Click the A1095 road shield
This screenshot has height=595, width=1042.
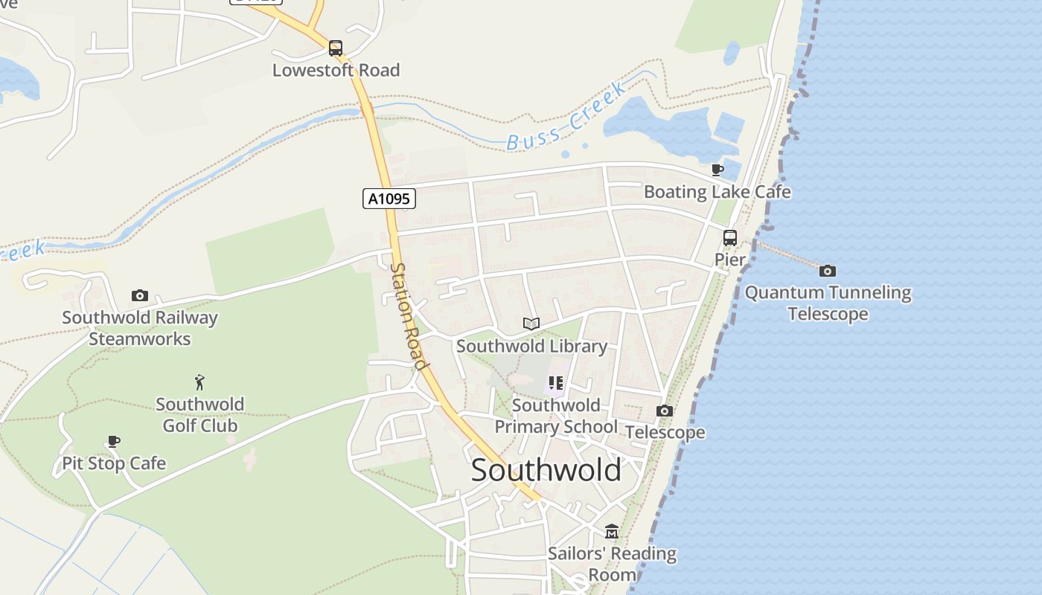[389, 199]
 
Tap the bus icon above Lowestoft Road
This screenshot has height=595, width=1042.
[336, 49]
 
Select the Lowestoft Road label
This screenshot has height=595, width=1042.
[336, 70]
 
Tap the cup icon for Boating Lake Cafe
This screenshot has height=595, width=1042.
[717, 170]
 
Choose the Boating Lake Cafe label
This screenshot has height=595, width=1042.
[717, 192]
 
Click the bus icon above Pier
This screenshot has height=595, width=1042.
[730, 238]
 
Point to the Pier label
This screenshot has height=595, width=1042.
[730, 260]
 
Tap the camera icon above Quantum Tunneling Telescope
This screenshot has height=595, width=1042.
[827, 271]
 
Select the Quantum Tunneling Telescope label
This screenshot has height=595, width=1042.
[828, 303]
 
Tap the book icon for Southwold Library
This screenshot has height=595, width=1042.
[531, 324]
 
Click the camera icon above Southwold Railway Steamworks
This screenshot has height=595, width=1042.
[139, 296]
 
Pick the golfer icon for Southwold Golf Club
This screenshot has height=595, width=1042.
[199, 382]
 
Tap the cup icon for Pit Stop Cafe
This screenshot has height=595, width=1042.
[113, 441]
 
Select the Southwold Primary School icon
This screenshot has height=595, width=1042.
[556, 383]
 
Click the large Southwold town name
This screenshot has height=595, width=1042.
[546, 470]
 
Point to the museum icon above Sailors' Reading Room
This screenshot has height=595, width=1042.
[612, 531]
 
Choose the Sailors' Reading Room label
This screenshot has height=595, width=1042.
[613, 564]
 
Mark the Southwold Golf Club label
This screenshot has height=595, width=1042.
[199, 415]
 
